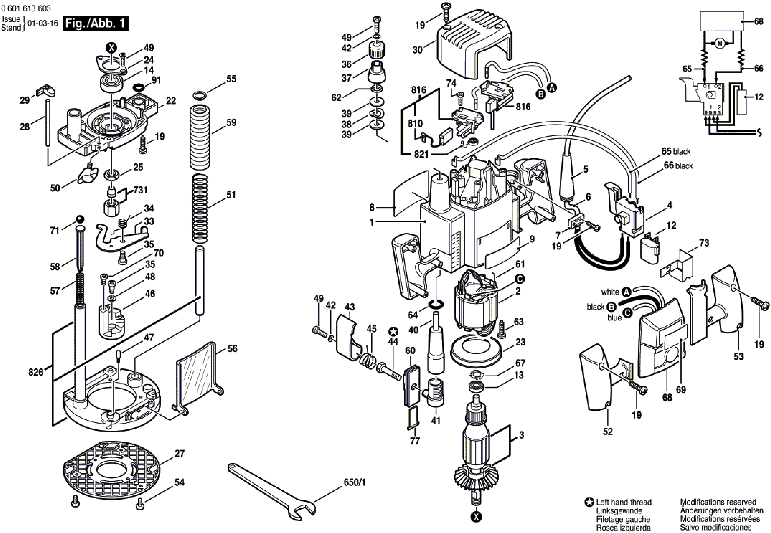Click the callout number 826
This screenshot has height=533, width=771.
point(36,372)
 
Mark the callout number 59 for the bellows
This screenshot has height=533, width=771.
point(231,123)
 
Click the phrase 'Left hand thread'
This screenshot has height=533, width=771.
point(624,502)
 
